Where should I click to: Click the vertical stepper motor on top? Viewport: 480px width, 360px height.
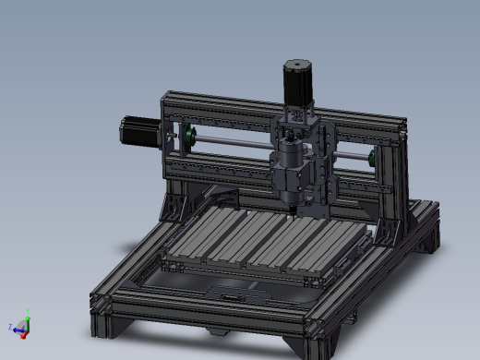pos(298,82)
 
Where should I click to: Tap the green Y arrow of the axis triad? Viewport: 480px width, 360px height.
pos(28,313)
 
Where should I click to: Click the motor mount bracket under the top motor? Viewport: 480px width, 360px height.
pos(298,114)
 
